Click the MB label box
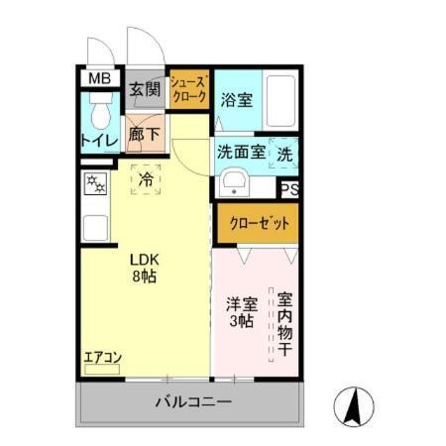pos(98,78)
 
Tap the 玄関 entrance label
pos(145,89)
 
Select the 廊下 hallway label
pos(143,131)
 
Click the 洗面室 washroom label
pos(240,154)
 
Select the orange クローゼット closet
pos(256,222)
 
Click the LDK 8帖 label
pos(145,269)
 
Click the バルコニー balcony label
pos(193,403)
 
